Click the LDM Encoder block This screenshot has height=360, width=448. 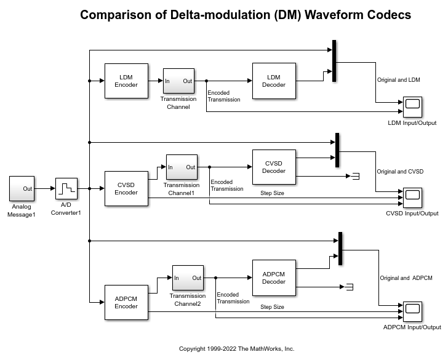(126, 81)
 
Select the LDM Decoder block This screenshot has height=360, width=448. (274, 81)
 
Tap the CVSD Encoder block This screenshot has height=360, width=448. (126, 188)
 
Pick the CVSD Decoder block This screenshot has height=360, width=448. (274, 167)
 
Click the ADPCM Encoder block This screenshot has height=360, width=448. (126, 302)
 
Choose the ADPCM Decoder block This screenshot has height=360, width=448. (274, 278)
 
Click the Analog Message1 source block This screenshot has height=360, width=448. (22, 188)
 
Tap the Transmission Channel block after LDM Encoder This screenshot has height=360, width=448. (178, 81)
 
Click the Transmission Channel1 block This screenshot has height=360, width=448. (182, 167)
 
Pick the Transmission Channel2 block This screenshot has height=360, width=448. (188, 278)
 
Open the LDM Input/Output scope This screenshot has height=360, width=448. (412, 107)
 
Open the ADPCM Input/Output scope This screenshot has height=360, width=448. (412, 311)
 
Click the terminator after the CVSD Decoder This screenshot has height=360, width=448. (354, 176)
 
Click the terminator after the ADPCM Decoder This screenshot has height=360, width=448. (348, 286)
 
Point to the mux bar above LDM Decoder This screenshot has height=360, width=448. (334, 61)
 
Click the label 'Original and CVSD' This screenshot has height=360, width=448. (400, 172)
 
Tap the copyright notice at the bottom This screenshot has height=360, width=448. (236, 349)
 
